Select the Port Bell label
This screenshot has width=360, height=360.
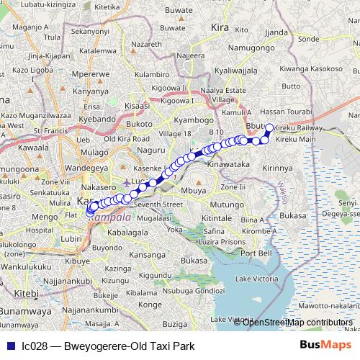click(256, 253)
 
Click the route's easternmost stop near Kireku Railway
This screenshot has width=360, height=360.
click(269, 128)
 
